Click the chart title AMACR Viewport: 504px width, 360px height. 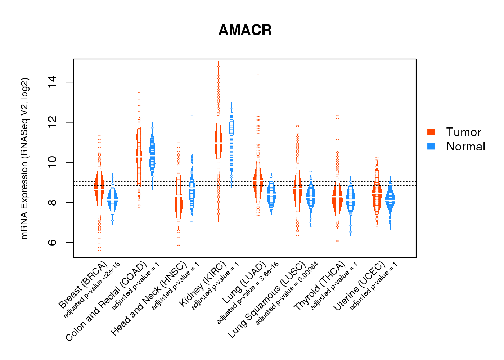tap(245, 30)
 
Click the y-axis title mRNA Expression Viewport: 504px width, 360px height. tap(24, 158)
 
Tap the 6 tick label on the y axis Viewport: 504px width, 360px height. tap(52, 242)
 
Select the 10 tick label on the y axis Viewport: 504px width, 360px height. tap(52, 162)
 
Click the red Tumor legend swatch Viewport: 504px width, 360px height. tap(431, 132)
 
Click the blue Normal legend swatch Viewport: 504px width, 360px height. tap(431, 147)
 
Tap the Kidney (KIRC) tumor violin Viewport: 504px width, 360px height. tap(218, 142)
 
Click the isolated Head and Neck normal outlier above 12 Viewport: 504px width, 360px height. tap(192, 116)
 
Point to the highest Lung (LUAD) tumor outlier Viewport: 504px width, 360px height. tap(258, 75)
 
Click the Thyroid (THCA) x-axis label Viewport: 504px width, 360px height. tap(320, 286)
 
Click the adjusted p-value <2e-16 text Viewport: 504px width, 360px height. tap(92, 290)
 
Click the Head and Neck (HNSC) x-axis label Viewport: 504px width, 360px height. tap(149, 299)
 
